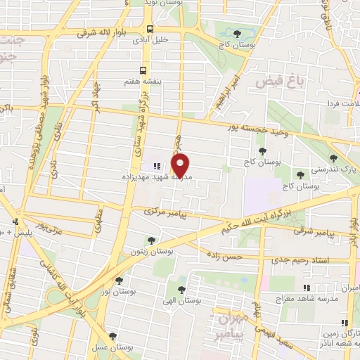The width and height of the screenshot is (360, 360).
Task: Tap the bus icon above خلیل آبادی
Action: (150, 29)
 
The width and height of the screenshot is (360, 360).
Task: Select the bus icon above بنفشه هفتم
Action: (143, 70)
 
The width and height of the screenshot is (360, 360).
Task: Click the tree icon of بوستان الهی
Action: (181, 289)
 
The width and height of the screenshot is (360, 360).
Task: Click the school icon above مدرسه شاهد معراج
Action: (306, 288)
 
